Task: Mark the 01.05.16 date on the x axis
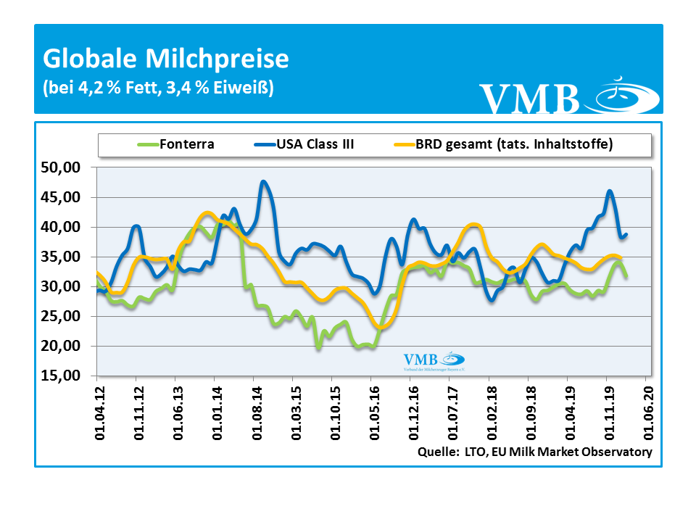click(x=372, y=410)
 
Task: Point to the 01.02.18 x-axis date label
click(x=489, y=410)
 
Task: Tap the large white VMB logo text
click(x=530, y=99)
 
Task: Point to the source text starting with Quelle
click(x=535, y=452)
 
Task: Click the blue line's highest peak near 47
click(x=263, y=182)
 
